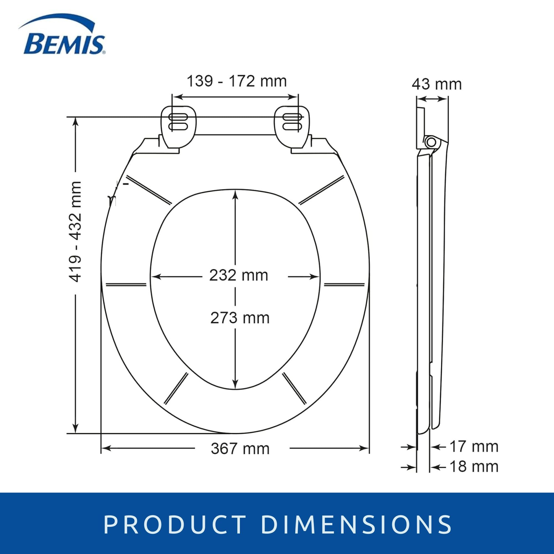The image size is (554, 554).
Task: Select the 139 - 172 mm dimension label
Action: click(237, 81)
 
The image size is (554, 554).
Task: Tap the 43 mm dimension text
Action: click(437, 84)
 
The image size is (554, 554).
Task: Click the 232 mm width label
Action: click(238, 276)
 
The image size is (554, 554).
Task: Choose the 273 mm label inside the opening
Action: click(240, 318)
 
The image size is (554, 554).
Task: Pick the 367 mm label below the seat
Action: click(240, 448)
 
